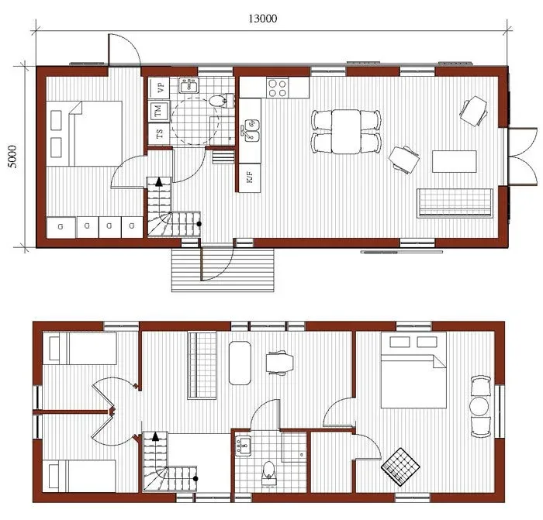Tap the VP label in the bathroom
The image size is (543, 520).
click(x=160, y=87)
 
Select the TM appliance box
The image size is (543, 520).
click(x=159, y=112)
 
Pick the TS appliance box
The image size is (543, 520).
click(x=160, y=134)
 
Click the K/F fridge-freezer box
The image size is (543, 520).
click(x=249, y=177)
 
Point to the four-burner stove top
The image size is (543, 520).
click(x=278, y=88)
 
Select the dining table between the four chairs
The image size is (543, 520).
click(x=346, y=131)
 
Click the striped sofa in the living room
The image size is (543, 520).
click(x=456, y=202)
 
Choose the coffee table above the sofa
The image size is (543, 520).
click(x=454, y=161)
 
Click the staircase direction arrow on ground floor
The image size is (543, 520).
click(x=159, y=181)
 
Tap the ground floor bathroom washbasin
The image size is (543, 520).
click(x=188, y=85)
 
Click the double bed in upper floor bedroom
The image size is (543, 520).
click(x=413, y=370)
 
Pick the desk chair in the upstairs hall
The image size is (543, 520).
click(x=278, y=363)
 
